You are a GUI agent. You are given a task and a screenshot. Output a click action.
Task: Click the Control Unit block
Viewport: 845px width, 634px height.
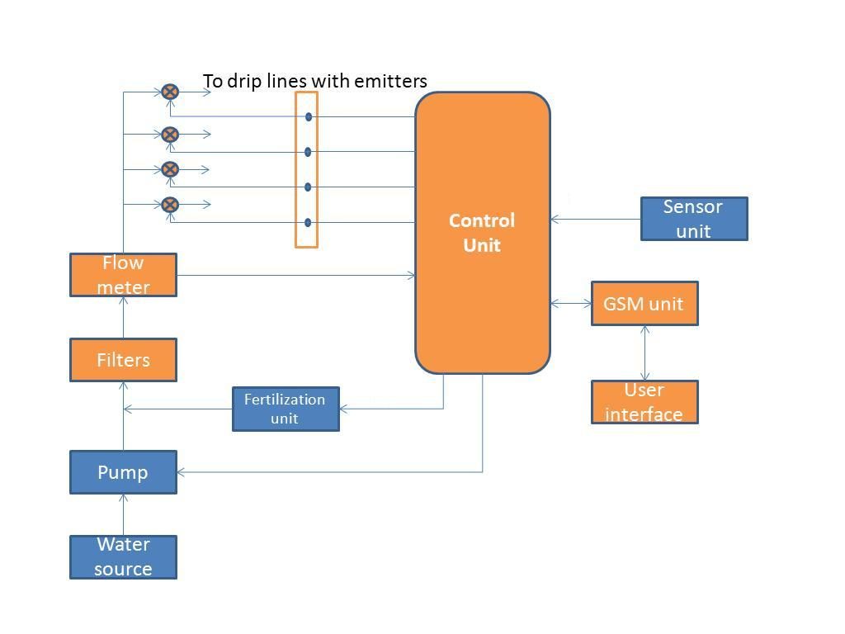point(482,233)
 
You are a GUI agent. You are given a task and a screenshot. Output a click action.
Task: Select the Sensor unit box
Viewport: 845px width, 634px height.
point(694,219)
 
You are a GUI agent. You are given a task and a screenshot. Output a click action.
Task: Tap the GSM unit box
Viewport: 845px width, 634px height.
point(644,304)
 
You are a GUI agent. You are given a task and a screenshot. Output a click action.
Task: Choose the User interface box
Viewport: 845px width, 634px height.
point(644,402)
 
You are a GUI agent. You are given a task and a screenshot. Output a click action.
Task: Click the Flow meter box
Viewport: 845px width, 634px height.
point(123,275)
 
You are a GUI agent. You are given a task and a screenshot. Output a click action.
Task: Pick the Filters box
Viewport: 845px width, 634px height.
point(123,360)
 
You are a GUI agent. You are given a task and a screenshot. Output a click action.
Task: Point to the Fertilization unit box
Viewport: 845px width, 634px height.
point(286,409)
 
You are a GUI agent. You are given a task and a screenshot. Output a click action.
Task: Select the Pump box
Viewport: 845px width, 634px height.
point(123,472)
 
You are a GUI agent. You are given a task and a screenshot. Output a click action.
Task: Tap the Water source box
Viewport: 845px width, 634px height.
point(123,557)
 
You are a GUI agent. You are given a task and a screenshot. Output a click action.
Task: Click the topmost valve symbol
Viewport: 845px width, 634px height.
point(170,92)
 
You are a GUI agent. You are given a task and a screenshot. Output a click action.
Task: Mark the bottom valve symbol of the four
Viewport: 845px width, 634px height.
point(170,204)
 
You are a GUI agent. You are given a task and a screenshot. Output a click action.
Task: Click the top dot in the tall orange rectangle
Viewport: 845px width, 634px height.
point(309,117)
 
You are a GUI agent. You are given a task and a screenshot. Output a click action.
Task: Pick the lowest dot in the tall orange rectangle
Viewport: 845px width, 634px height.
point(309,222)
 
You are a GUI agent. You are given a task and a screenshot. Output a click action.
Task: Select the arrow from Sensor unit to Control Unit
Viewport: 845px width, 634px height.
point(595,219)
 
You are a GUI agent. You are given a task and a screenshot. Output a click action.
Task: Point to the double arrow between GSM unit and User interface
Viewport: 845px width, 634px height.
point(644,352)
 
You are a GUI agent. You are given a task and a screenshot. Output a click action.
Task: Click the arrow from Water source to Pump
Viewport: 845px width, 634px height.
point(123,514)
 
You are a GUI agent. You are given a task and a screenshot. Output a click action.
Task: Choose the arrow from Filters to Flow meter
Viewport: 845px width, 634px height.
point(123,317)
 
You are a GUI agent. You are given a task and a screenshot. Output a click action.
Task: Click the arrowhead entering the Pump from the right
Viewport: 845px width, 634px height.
point(182,472)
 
